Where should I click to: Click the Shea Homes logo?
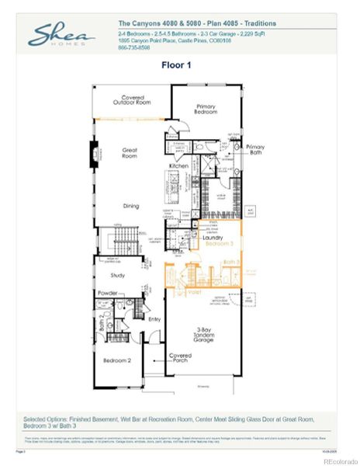62,36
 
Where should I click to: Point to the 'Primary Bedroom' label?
205,110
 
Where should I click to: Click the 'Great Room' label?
130,153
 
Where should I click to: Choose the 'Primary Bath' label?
255,149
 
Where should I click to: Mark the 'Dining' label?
130,206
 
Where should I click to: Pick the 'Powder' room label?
108,293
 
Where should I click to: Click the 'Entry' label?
154,318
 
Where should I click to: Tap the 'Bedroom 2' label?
117,360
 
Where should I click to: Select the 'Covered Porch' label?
180,358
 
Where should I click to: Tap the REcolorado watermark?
335,461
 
